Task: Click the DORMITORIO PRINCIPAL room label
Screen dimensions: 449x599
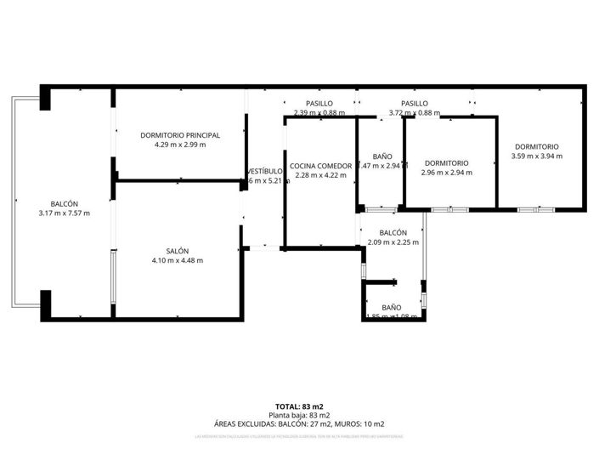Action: pos(181,135)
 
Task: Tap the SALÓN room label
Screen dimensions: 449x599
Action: pos(178,251)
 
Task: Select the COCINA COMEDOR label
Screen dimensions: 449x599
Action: pos(320,166)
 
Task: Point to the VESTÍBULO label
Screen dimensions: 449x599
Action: pos(264,171)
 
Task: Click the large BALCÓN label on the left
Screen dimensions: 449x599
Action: pos(65,204)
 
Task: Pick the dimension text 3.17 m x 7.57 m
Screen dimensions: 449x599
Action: pos(65,213)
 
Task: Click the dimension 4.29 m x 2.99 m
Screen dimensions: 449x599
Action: pos(181,145)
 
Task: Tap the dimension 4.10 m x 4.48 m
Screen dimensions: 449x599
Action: pos(178,260)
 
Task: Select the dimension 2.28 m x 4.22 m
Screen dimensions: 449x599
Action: pos(320,175)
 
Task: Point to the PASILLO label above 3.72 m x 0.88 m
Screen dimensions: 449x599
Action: pos(415,104)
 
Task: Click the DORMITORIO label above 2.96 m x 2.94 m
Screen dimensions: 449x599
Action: pos(447,163)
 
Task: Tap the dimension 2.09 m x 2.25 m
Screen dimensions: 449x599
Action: pos(393,242)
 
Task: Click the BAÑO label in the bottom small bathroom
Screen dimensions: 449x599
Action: pos(392,307)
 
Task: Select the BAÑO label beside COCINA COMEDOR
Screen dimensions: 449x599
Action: pos(382,156)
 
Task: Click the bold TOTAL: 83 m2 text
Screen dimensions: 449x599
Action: pos(299,406)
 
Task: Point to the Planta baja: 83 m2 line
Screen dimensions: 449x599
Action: pos(299,415)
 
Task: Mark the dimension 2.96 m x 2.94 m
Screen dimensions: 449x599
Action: pos(447,173)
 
